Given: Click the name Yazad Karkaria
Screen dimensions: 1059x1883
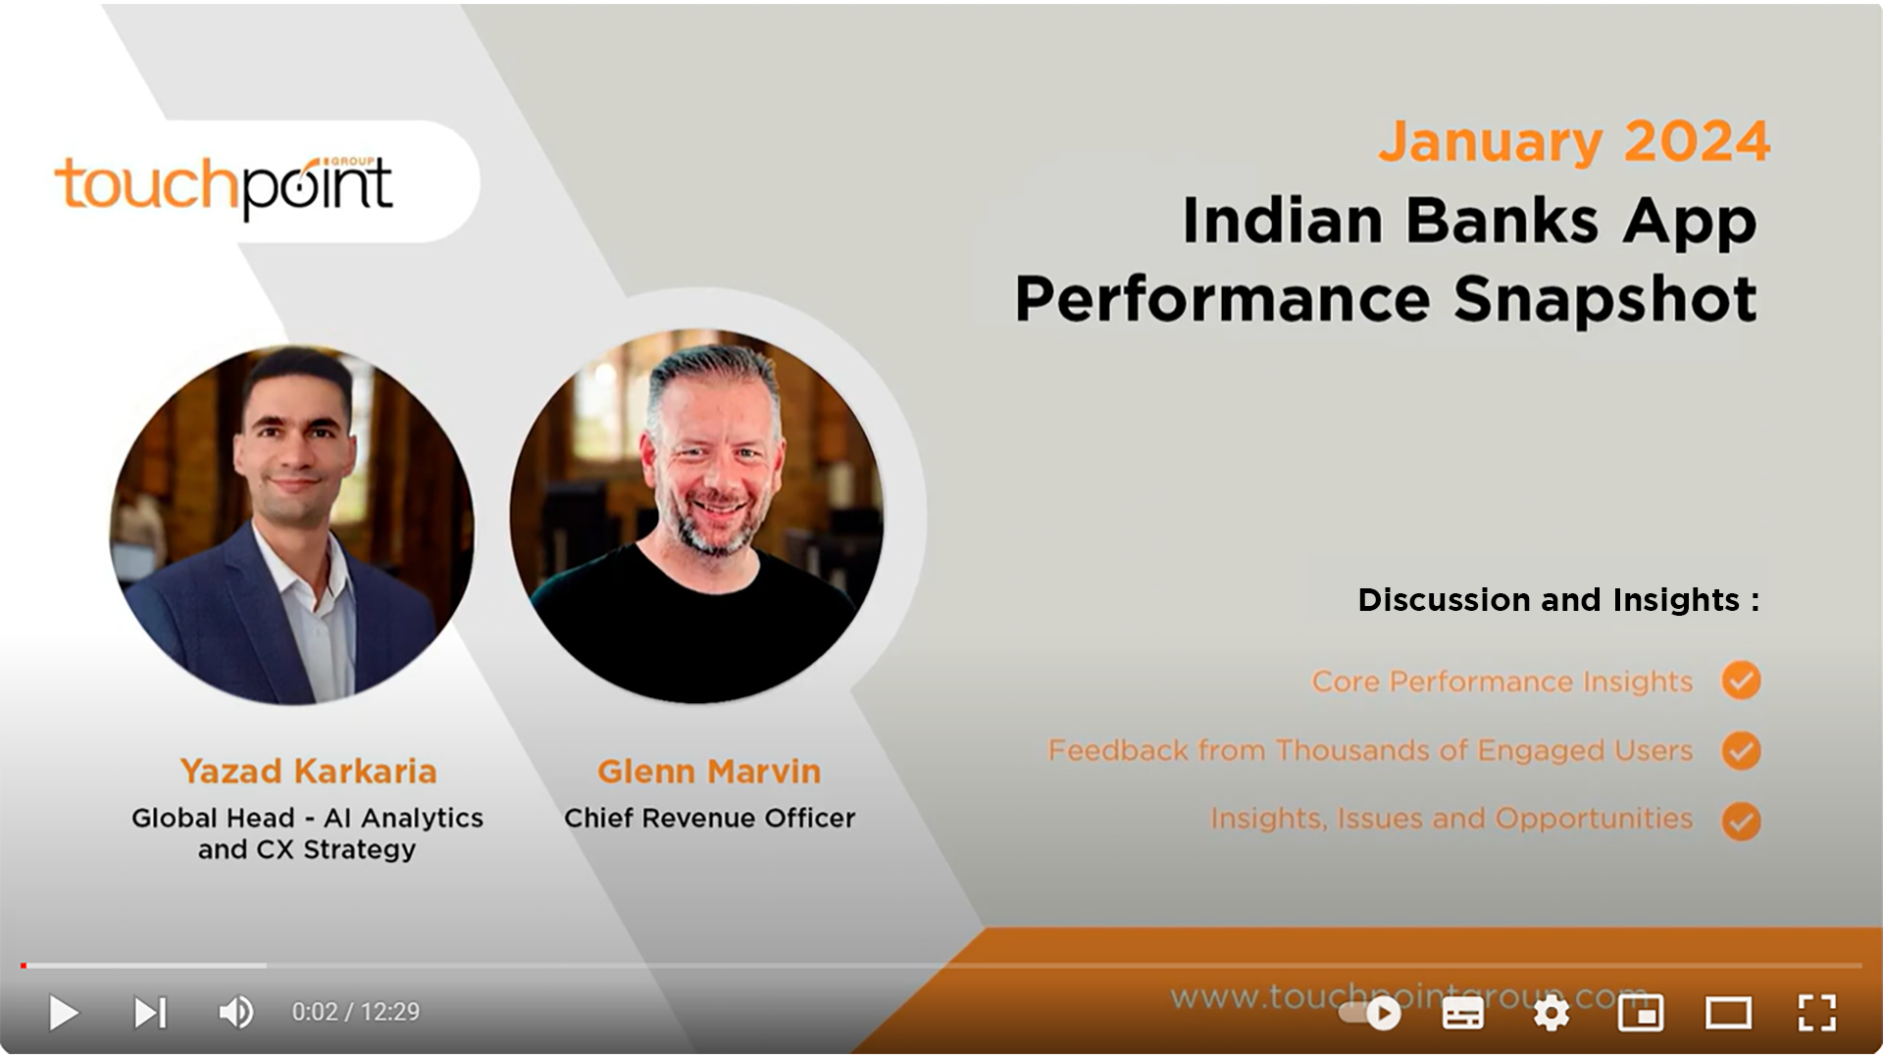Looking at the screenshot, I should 308,772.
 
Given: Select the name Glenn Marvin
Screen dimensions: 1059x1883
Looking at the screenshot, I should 709,772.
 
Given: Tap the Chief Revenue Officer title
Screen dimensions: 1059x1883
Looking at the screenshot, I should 709,818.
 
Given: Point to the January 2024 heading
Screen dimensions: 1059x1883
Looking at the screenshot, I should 1573,142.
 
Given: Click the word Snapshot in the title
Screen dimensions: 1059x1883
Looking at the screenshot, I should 1604,298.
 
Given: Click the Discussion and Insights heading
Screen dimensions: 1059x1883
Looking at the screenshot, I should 1557,599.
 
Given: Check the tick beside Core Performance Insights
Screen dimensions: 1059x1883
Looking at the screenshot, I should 1741,681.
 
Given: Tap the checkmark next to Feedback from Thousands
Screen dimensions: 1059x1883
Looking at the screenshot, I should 1741,751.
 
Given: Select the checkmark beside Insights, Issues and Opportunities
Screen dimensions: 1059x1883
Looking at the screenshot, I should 1741,821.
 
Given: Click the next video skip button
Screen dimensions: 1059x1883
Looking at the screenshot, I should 150,1012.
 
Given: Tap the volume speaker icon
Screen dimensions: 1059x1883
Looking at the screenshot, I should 235,1012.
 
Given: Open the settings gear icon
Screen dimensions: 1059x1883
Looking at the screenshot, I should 1551,1012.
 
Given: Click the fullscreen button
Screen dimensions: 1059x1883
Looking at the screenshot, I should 1816,1012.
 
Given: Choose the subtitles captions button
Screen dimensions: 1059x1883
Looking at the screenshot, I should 1462,1013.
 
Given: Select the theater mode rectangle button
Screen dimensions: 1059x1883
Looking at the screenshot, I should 1728,1012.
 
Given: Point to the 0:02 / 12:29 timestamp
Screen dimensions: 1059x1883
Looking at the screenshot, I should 355,1012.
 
